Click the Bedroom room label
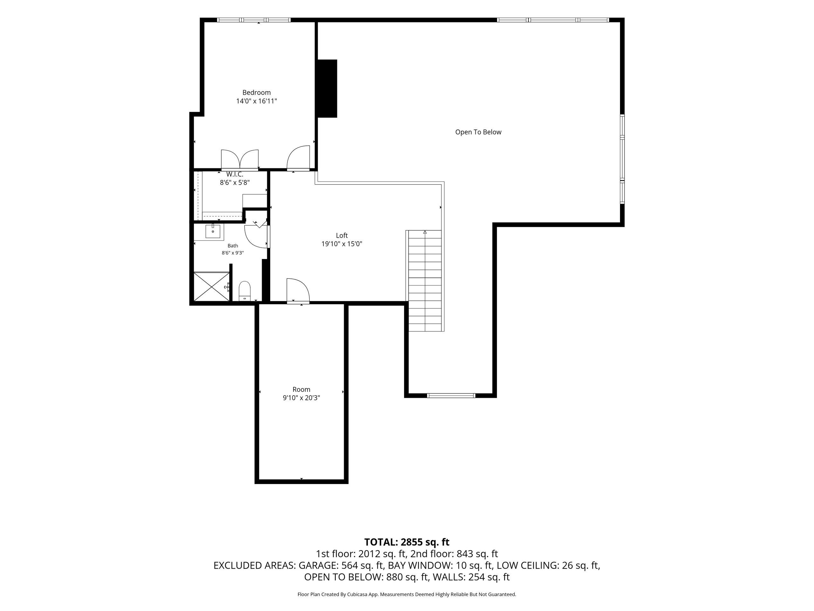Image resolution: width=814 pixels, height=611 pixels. (257, 92)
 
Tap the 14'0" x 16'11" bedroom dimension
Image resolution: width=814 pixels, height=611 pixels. (257, 101)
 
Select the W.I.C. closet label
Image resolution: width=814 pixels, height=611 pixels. (235, 174)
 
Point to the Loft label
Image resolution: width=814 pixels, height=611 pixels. (342, 235)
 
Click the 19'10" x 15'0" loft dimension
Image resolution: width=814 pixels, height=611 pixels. (342, 244)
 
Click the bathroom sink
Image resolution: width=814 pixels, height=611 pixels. (213, 231)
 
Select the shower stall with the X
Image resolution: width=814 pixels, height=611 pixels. (211, 286)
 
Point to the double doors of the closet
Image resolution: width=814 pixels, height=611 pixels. (239, 159)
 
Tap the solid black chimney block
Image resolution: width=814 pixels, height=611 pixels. (328, 88)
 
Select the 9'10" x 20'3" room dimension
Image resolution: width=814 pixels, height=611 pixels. (301, 398)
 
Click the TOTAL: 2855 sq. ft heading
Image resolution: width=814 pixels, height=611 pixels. (407, 542)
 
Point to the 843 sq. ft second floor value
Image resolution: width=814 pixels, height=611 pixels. (477, 554)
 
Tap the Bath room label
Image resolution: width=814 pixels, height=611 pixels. (232, 246)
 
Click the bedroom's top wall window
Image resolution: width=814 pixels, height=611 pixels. (254, 20)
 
